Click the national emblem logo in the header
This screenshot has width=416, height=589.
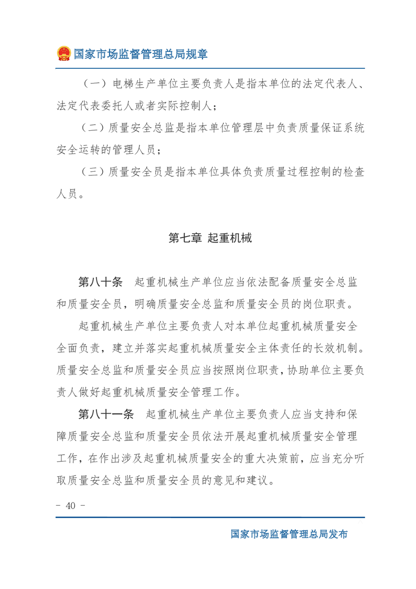(x=63, y=54)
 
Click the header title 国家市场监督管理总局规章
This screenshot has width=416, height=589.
(x=140, y=54)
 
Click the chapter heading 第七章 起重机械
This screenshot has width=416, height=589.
(x=210, y=238)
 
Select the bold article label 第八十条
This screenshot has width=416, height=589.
(x=100, y=282)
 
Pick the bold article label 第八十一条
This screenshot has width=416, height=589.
(x=106, y=414)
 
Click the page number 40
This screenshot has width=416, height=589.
(x=71, y=506)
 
